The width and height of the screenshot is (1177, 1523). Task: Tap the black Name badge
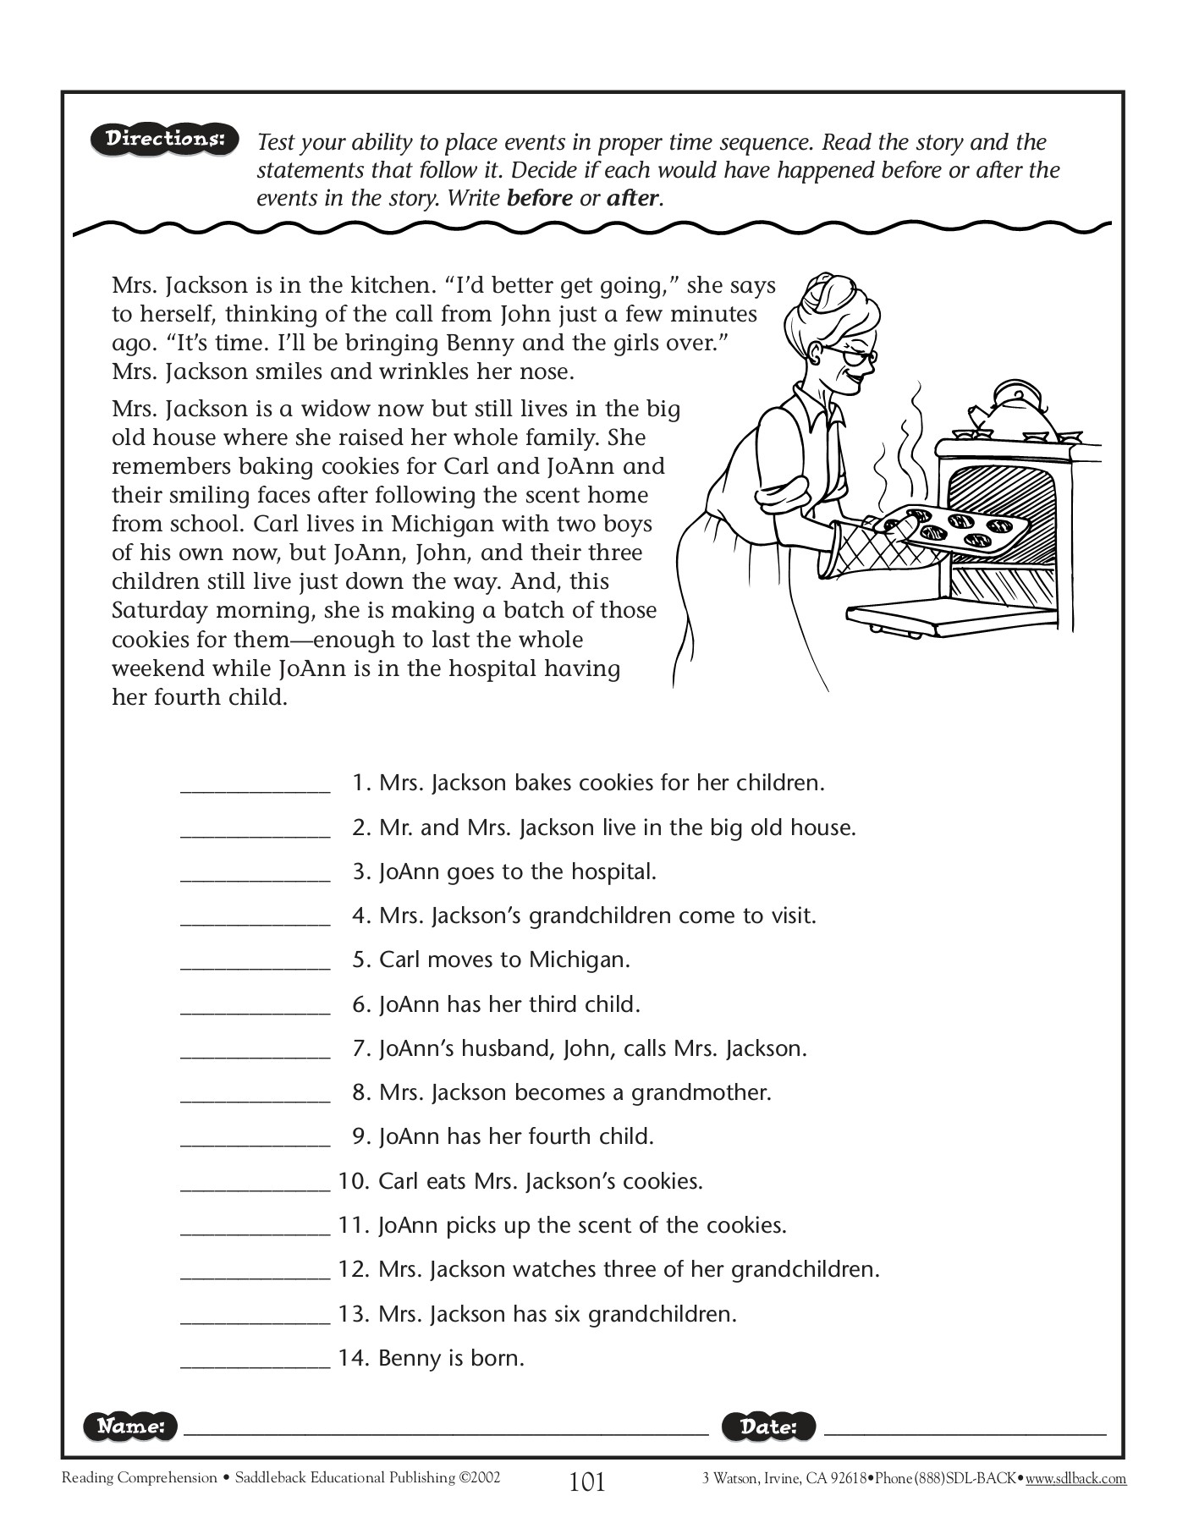point(130,1426)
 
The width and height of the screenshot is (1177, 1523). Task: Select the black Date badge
point(768,1426)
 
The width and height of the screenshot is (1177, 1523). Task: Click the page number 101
point(587,1482)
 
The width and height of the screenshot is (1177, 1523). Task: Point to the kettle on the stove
point(1013,410)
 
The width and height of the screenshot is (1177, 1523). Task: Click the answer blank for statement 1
point(255,785)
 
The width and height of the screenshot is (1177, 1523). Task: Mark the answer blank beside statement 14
point(255,1361)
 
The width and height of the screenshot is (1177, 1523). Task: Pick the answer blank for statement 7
point(255,1051)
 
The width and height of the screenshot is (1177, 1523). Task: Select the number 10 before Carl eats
point(350,1181)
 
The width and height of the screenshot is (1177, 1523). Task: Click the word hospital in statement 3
point(613,871)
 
